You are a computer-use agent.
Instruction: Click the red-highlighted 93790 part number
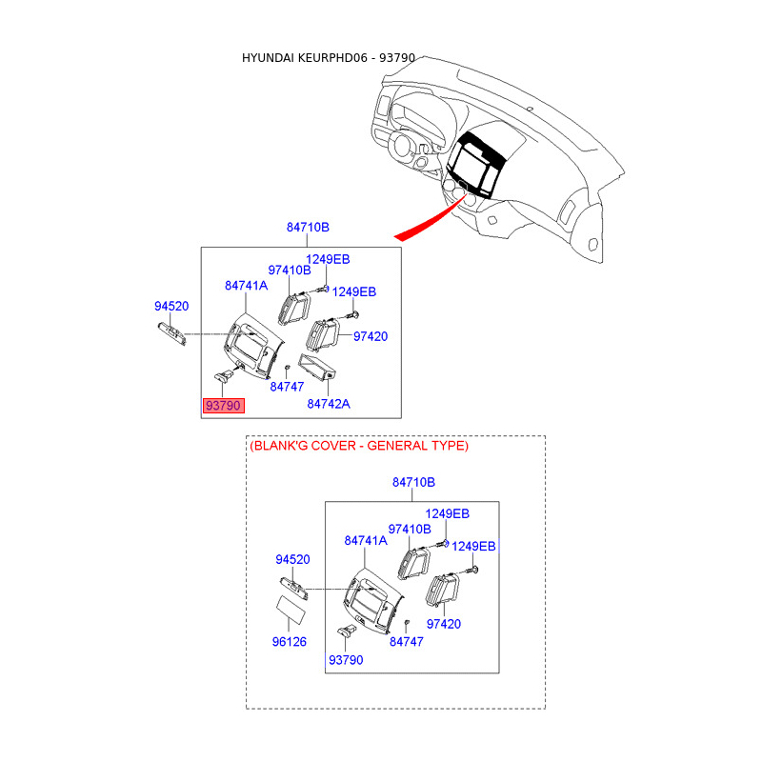[224, 406]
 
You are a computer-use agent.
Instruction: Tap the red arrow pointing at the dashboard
[424, 222]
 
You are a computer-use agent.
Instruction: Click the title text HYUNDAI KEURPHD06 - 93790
[329, 58]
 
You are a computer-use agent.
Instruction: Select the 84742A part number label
[329, 404]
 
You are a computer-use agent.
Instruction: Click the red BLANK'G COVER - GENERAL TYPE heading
[359, 446]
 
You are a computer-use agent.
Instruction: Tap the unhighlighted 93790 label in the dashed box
[346, 660]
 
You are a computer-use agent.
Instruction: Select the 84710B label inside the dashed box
[413, 483]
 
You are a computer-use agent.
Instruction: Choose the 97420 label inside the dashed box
[444, 624]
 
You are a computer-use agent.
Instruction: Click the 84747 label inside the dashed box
[407, 642]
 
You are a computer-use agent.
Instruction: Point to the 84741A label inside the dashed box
[366, 540]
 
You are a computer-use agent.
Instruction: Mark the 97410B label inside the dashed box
[410, 529]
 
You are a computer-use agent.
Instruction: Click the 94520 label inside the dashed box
[293, 559]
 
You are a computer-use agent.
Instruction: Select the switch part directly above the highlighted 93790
[229, 377]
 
